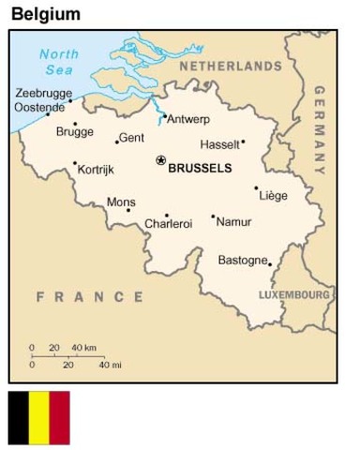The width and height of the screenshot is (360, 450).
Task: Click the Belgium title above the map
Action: coord(45,14)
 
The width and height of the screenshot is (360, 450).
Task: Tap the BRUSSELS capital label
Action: coord(199,169)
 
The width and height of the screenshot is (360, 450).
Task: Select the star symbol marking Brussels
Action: coord(160,160)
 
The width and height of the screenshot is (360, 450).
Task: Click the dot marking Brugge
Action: coord(76,123)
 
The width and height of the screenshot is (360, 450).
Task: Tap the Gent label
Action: coord(132,138)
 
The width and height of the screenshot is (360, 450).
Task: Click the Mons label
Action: coord(120,202)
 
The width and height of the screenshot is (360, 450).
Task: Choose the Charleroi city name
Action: coord(169,224)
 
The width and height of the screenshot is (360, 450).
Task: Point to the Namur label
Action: coord(233,222)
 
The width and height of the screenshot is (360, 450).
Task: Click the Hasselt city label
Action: coord(219,144)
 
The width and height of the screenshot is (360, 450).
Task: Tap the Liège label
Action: coord(273,196)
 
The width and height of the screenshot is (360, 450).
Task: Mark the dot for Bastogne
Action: coord(270,264)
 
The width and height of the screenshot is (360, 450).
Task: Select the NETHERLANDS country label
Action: coord(230,67)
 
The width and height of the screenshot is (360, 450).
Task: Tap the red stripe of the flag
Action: coord(60,417)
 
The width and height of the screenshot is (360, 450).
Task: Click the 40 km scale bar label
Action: coord(83,347)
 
